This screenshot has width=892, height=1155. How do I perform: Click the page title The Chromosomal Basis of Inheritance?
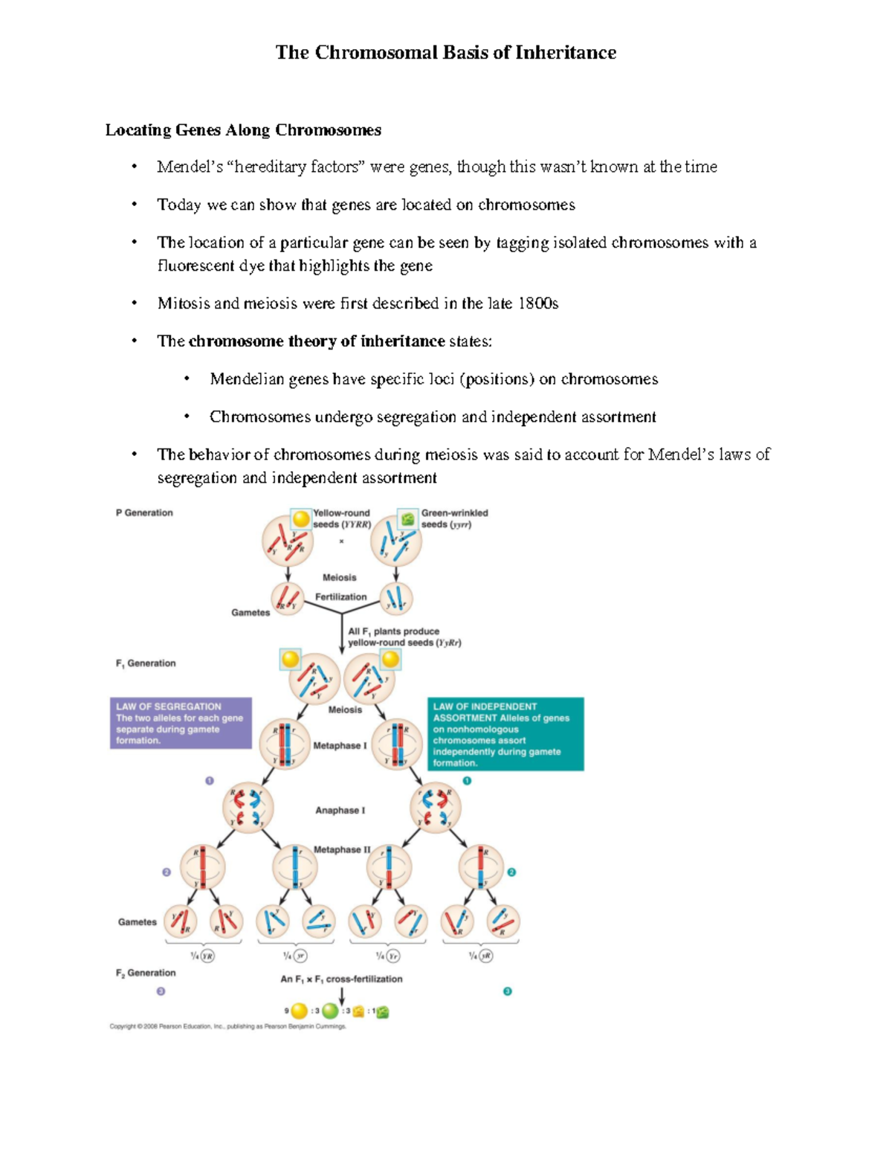click(445, 53)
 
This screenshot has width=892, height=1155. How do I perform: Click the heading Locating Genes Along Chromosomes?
click(243, 130)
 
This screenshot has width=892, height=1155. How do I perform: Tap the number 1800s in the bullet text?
click(538, 303)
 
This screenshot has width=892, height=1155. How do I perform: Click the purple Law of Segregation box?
click(181, 723)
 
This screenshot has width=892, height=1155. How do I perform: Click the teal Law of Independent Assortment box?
click(505, 734)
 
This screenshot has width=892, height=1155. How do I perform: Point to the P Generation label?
click(144, 513)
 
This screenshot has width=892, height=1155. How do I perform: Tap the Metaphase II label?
click(341, 849)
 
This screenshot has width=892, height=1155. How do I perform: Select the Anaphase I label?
click(340, 811)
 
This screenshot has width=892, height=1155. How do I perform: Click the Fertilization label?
click(340, 597)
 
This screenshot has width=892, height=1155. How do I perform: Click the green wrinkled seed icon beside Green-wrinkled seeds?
click(407, 519)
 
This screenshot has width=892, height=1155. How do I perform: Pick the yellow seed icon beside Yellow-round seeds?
click(301, 519)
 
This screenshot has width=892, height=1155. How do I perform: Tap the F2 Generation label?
click(146, 973)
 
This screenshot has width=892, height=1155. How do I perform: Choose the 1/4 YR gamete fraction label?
click(202, 956)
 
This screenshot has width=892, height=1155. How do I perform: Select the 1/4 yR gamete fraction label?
click(481, 956)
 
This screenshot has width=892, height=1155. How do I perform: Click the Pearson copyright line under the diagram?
click(227, 1026)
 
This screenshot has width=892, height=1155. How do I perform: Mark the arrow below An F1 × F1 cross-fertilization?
click(342, 995)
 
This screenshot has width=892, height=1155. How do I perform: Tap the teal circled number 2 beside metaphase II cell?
click(511, 872)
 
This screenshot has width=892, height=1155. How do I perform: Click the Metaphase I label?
click(340, 746)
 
